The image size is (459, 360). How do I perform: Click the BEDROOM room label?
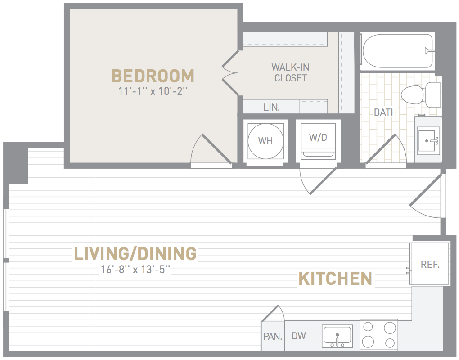(153, 76)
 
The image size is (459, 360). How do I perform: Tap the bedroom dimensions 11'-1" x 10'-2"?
(153, 91)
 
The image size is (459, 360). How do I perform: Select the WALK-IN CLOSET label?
(290, 72)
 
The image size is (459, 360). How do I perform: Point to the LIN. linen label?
(272, 107)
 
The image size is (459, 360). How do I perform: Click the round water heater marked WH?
(265, 141)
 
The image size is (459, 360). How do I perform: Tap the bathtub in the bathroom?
(397, 51)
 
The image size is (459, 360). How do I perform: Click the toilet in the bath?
(421, 94)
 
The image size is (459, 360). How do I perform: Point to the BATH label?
(385, 112)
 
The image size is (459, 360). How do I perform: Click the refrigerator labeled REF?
(429, 264)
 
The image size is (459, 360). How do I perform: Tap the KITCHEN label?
(335, 279)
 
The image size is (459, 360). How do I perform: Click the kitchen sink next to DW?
(337, 336)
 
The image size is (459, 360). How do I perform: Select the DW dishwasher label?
(299, 336)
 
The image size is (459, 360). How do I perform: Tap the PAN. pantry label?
(273, 336)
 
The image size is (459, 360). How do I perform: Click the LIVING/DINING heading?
(135, 254)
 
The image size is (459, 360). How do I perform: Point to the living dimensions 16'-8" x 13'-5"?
(135, 269)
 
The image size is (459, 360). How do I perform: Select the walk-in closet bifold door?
(230, 73)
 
